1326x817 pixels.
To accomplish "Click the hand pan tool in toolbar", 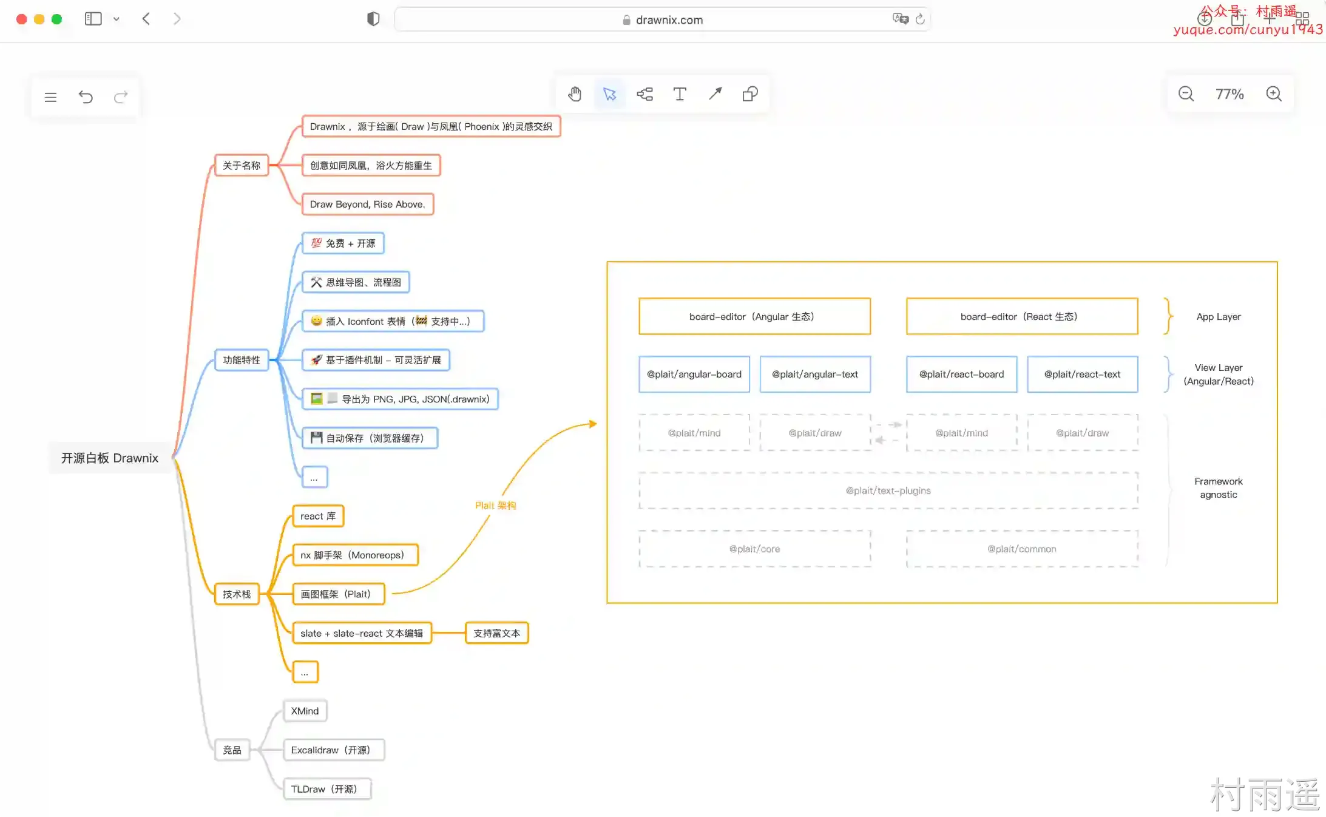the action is point(575,94).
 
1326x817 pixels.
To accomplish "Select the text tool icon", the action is point(680,94).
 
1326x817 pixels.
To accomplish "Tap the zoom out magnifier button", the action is point(1186,94).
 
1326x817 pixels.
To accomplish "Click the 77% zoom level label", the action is point(1230,94).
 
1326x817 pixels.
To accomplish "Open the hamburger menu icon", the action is point(50,97).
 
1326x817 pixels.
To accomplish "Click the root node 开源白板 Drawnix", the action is point(110,458).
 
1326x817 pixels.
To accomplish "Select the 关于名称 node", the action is point(242,165).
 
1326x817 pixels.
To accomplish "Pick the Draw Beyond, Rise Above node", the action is point(368,204).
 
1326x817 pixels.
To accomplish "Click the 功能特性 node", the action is point(242,360).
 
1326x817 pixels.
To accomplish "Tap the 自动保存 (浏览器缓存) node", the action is point(370,438).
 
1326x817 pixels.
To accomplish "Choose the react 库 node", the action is point(318,516).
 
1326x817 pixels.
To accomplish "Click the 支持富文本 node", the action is point(496,633).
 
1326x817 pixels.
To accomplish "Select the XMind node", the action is point(305,711).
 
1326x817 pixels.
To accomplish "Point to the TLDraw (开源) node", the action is point(327,788).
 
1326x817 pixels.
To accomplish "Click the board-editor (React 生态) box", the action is point(1022,316).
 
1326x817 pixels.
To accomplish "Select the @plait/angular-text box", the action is point(815,374).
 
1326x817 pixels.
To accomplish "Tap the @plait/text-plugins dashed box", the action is point(888,490).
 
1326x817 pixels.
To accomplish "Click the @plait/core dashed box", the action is point(755,549).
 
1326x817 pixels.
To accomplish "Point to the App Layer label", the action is point(1219,316).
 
